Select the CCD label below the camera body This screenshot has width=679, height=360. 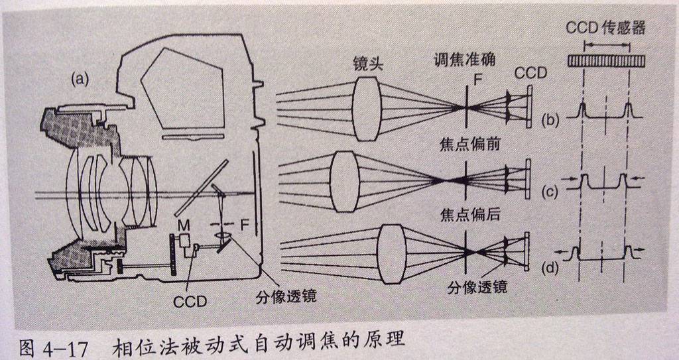click(x=190, y=302)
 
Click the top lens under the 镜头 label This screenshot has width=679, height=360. click(x=367, y=107)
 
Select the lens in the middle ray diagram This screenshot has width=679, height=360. click(x=345, y=181)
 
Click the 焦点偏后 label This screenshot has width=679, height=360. click(x=467, y=215)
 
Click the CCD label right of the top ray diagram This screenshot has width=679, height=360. click(x=531, y=73)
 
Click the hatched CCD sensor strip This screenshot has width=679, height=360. click(x=607, y=61)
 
